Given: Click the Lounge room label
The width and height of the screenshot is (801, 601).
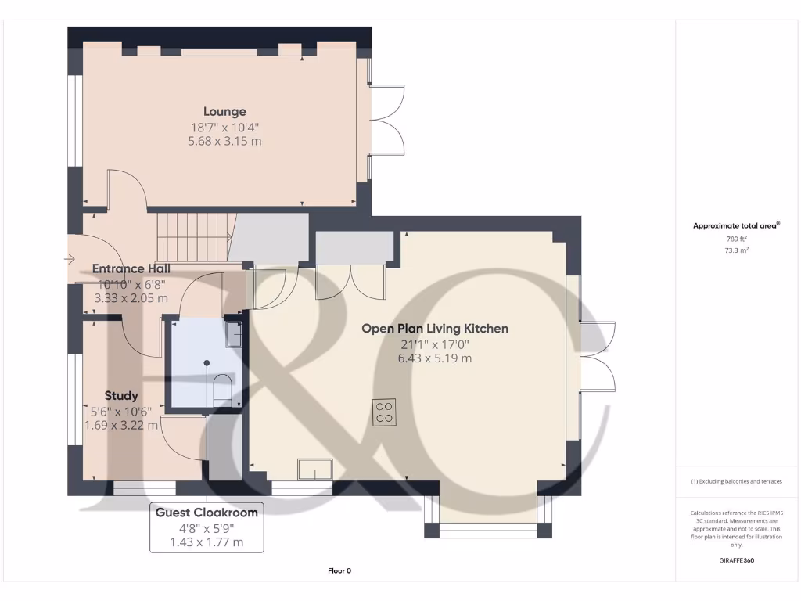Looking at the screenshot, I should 224,112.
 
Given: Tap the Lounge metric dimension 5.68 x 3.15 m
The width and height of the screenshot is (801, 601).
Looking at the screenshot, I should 224,141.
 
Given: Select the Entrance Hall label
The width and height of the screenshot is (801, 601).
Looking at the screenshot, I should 131,268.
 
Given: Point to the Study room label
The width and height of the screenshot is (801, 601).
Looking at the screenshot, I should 121,396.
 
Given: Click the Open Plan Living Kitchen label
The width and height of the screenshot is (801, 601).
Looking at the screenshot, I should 434,329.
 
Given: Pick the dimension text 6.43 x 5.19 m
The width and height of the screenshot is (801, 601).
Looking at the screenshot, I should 434,358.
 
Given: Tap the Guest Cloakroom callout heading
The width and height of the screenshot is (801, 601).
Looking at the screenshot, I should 207,513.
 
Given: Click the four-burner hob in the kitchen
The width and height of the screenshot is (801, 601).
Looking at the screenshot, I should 385,412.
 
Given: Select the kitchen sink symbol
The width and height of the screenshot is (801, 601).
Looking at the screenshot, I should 314,468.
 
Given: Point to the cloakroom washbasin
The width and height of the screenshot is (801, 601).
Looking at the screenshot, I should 233,334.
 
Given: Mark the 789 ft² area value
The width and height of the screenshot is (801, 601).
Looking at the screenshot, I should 736,238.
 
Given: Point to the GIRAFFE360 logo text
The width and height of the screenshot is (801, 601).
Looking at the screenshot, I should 737,560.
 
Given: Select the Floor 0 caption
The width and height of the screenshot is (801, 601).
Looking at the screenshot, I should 339,571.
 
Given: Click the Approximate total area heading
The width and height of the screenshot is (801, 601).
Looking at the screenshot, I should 736,225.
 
